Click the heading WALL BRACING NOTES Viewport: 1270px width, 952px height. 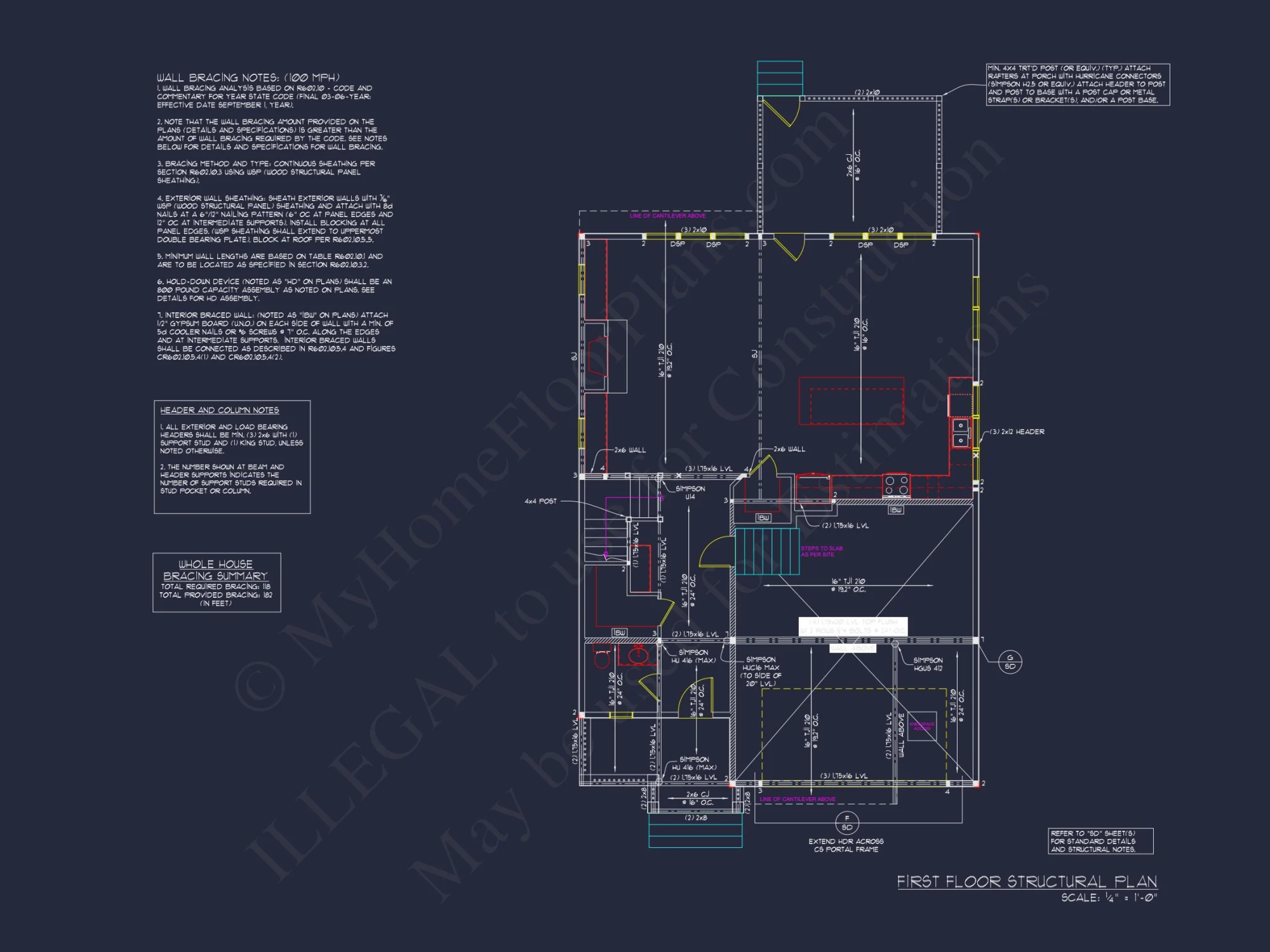click(248, 77)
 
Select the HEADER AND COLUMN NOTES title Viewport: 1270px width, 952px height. click(219, 411)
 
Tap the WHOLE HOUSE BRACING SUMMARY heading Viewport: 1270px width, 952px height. click(215, 570)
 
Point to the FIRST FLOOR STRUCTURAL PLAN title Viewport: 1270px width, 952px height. click(1026, 882)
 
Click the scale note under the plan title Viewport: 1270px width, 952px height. click(1109, 898)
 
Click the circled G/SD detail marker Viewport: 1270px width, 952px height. click(1010, 662)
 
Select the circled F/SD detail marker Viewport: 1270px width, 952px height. click(846, 823)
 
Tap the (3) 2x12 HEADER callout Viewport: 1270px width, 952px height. click(1017, 432)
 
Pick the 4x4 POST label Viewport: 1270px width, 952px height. click(540, 501)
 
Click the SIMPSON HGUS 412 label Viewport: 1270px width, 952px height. click(928, 664)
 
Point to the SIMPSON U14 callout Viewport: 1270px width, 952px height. click(690, 493)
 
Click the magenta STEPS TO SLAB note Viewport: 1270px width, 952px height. click(821, 552)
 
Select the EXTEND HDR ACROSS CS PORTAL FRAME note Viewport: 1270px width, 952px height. click(846, 845)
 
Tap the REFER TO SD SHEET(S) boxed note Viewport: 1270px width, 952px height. click(1100, 841)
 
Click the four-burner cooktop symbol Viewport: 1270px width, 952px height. click(896, 486)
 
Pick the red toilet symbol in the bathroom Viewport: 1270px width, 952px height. click(601, 658)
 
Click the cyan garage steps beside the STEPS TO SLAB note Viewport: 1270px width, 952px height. click(766, 551)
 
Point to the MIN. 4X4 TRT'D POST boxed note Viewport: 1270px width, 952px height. click(1077, 84)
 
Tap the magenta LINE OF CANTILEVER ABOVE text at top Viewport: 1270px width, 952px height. click(667, 216)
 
